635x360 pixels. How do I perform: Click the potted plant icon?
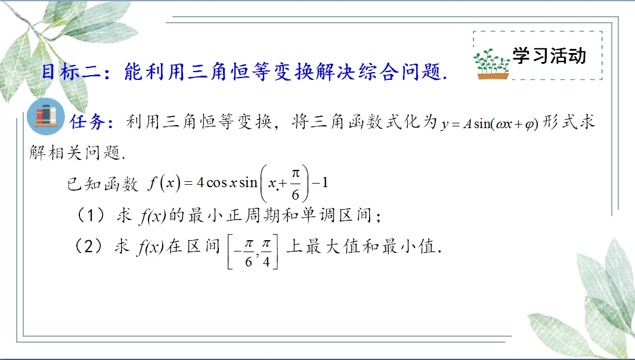[x=491, y=64]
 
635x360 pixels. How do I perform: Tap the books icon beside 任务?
[x=46, y=116]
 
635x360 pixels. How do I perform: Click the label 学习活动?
[x=549, y=55]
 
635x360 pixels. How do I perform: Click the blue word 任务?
[x=88, y=122]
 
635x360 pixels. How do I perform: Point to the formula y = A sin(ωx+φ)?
[x=490, y=123]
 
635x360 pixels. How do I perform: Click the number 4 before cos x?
[x=200, y=182]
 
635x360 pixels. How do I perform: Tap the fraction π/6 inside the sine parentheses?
[x=295, y=184]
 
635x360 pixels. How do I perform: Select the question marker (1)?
[x=91, y=215]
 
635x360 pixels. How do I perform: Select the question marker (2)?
[x=89, y=246]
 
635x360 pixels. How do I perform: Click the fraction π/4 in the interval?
[x=266, y=252]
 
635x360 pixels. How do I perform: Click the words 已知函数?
[x=103, y=184]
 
